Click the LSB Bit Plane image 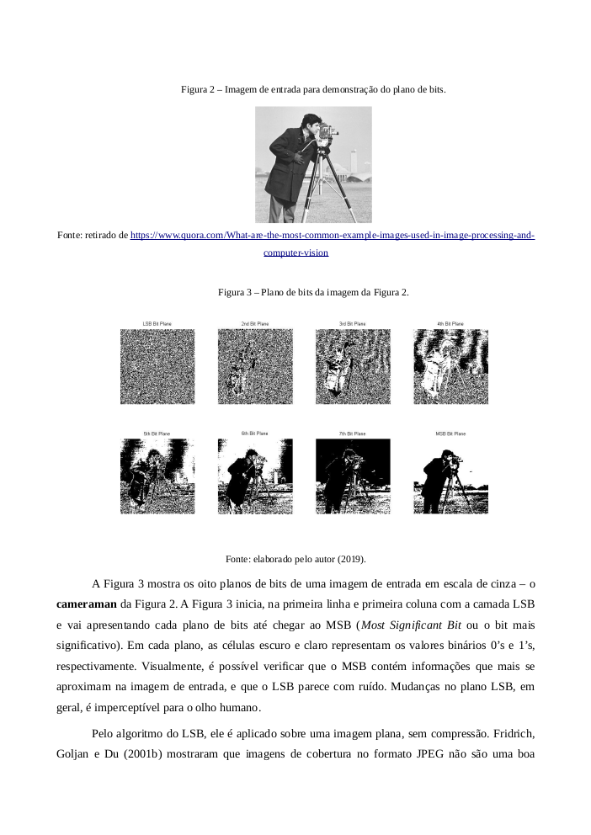click(x=157, y=365)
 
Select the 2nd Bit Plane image click(x=255, y=365)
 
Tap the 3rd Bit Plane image click(x=353, y=365)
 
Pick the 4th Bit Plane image click(x=450, y=365)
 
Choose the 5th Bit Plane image click(x=157, y=476)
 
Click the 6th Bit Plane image click(x=255, y=476)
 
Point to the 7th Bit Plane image click(x=353, y=476)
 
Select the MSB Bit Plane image click(x=450, y=476)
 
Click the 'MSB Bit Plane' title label click(x=450, y=433)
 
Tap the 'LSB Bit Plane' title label click(x=157, y=323)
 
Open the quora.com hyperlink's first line click(x=332, y=235)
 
